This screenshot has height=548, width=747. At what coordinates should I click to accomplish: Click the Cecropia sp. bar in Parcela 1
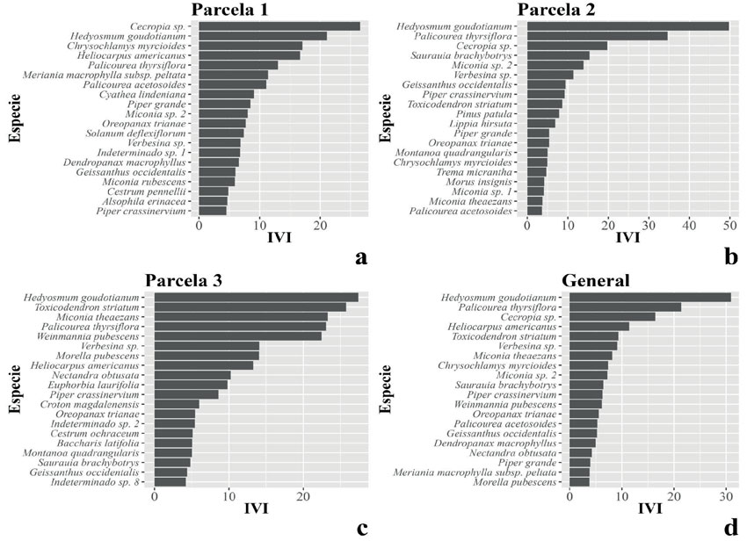[x=279, y=26]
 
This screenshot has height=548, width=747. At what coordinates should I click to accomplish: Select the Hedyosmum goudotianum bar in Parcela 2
[x=627, y=26]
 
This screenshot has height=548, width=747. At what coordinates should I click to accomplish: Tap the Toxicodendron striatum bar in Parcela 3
[x=250, y=307]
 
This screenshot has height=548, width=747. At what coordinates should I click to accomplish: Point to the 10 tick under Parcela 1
[x=259, y=225]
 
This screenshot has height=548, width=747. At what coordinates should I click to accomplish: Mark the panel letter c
[x=360, y=530]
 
